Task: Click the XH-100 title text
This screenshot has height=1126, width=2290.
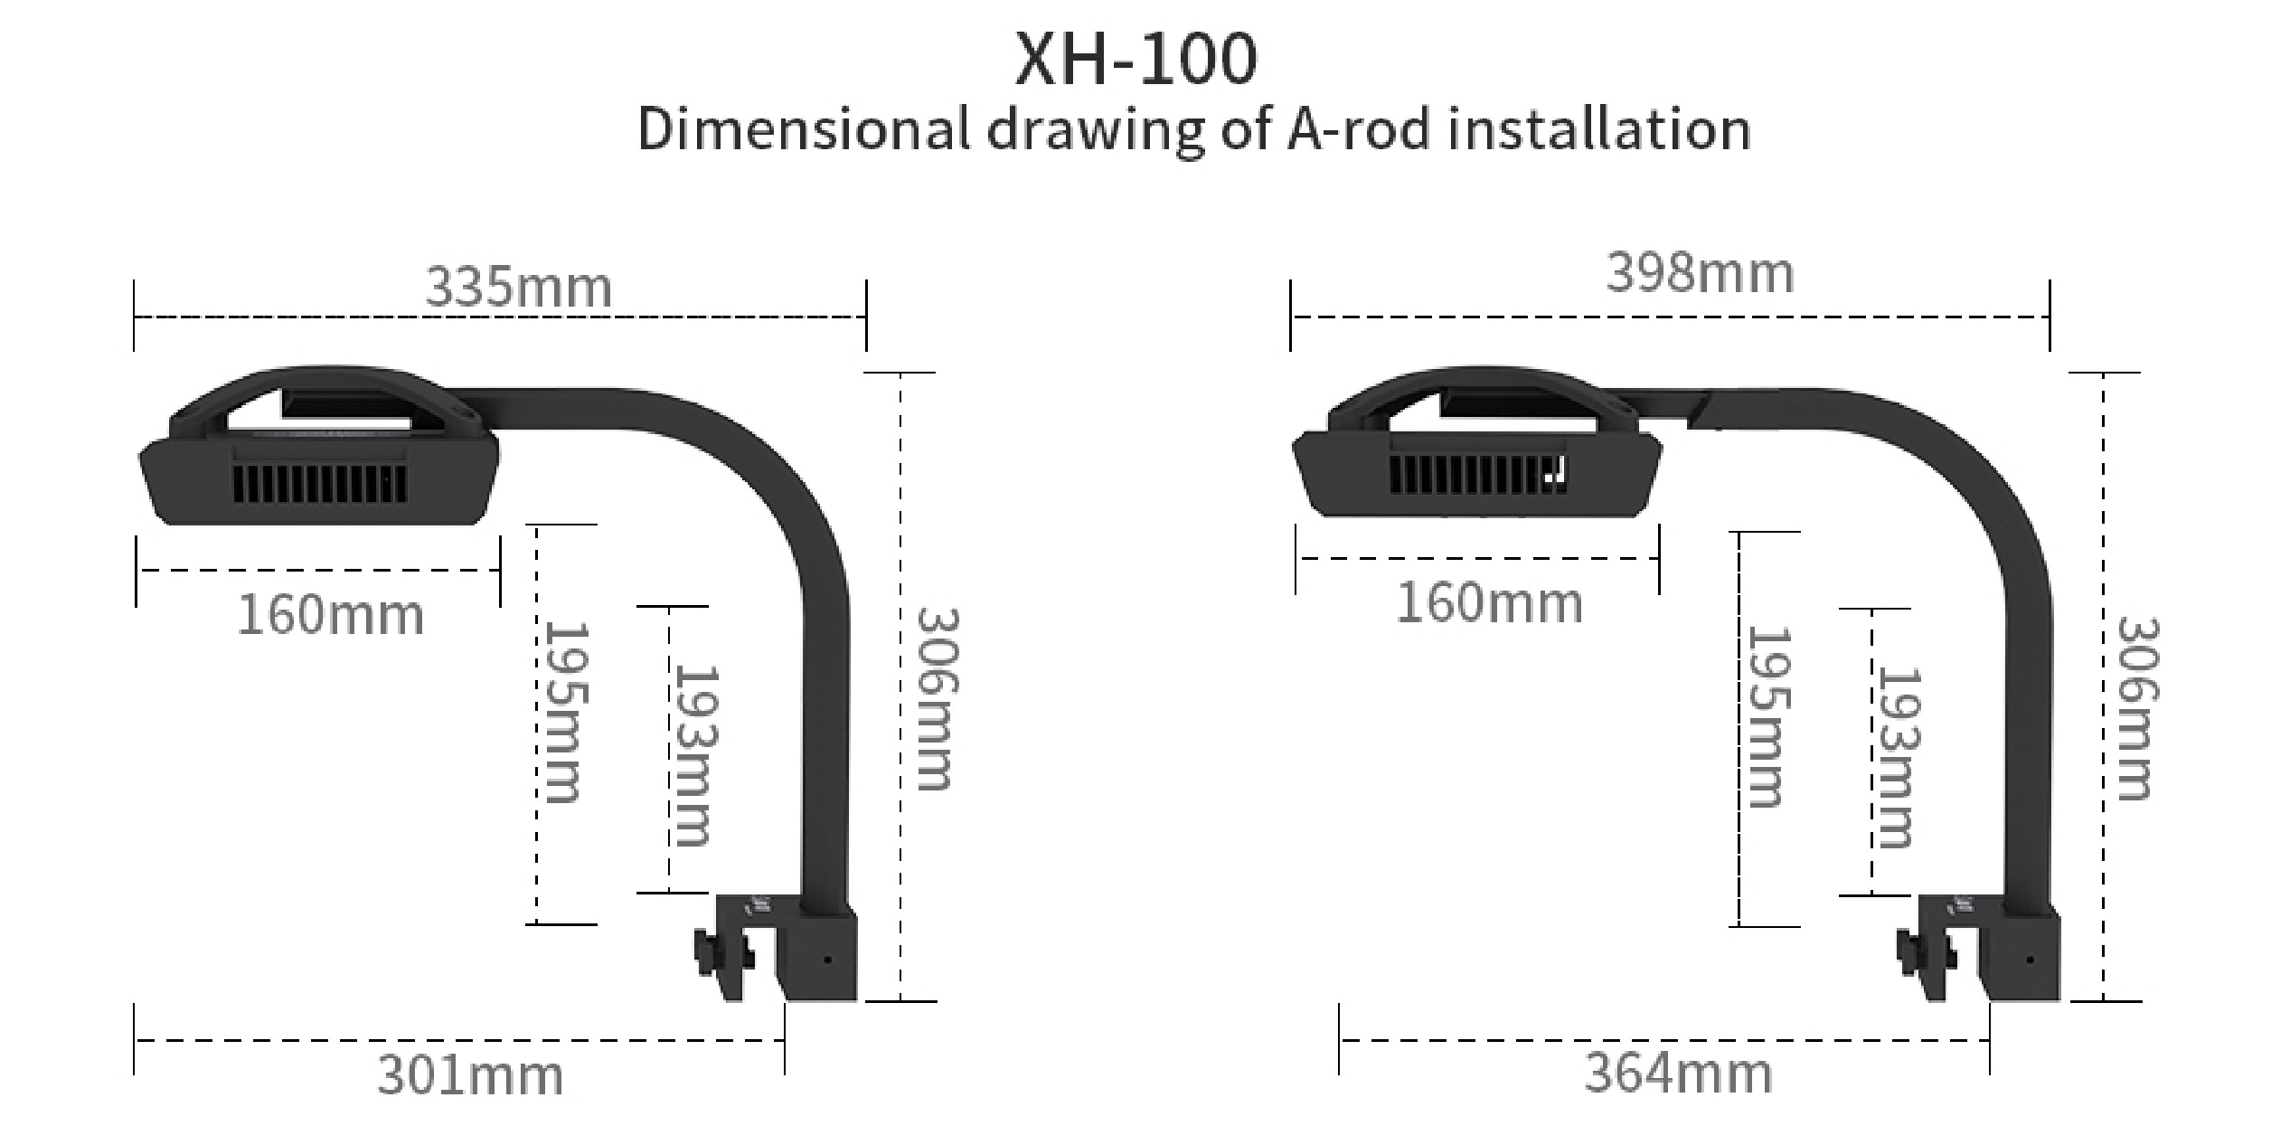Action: [x=1136, y=60]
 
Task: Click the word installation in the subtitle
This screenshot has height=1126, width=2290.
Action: [x=1598, y=129]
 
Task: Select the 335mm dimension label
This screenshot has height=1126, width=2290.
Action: [x=518, y=288]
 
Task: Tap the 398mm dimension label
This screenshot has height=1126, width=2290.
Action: [x=1700, y=273]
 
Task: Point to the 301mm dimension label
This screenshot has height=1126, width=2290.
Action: [x=469, y=1076]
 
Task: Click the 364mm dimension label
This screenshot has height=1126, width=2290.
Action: [x=1678, y=1074]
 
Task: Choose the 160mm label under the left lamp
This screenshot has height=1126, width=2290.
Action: [x=330, y=616]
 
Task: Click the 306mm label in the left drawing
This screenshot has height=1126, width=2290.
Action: [x=937, y=698]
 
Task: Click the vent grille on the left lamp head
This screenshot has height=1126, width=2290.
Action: [x=319, y=484]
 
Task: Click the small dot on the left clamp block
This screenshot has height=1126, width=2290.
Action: [x=827, y=960]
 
